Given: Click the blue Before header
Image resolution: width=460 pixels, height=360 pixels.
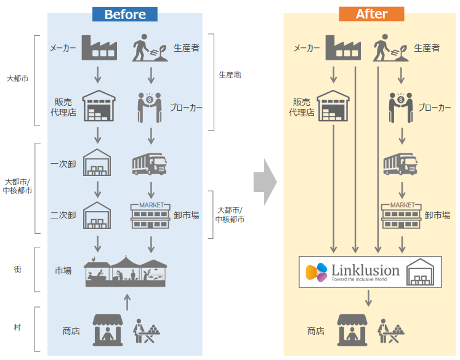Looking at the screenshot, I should click(125, 14).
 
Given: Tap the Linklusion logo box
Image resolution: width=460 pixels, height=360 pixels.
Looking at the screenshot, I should click(370, 271).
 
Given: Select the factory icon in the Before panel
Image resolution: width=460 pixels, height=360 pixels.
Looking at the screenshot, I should click(99, 47).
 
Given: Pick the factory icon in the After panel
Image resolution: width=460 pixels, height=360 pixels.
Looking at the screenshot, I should click(342, 47).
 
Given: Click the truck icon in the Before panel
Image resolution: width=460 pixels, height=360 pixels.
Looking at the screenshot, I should click(149, 164).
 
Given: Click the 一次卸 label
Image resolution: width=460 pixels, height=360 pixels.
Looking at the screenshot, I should click(63, 164).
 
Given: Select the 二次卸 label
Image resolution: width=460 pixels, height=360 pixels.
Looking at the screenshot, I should click(63, 215).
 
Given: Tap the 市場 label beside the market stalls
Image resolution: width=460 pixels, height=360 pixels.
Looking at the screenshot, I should click(63, 271).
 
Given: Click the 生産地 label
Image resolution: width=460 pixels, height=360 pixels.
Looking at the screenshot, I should click(230, 74).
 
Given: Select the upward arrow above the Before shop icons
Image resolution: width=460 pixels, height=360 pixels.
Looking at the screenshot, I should click(127, 301).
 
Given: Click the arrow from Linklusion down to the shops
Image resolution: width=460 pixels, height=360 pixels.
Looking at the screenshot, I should click(368, 298).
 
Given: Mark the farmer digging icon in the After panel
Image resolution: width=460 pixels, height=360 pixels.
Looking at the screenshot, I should click(391, 47).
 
